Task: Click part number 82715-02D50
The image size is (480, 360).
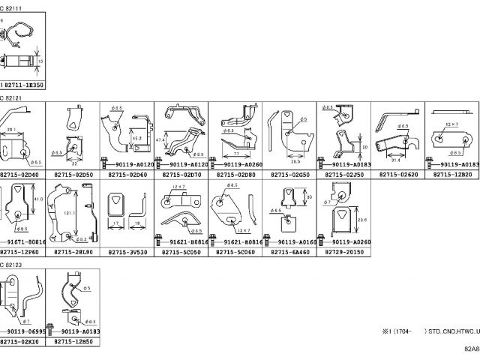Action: click(73, 174)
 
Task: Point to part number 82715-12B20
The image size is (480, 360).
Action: click(454, 174)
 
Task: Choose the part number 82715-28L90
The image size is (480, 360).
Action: click(73, 253)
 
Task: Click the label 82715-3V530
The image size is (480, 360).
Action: click(127, 253)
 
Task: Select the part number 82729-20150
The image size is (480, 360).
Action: click(344, 253)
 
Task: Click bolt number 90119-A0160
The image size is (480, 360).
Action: click(295, 242)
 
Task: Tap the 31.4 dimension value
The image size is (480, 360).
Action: click(395, 159)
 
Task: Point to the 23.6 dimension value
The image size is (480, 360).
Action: click(362, 220)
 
